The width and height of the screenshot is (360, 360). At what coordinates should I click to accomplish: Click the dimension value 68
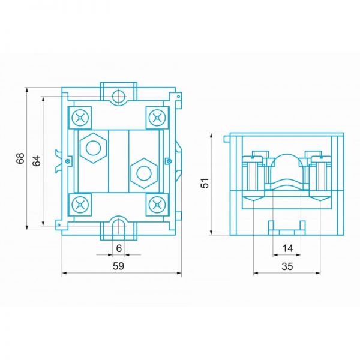[20, 158]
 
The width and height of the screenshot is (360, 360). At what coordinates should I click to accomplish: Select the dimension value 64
[37, 161]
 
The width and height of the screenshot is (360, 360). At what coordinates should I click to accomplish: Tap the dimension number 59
[118, 266]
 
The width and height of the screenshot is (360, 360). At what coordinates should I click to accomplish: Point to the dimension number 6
[119, 248]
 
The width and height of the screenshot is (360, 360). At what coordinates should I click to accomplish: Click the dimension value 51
[205, 183]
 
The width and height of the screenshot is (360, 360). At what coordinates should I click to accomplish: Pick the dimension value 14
[288, 248]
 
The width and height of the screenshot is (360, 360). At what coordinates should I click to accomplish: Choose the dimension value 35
[287, 266]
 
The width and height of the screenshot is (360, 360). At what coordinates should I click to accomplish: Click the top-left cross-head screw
[80, 118]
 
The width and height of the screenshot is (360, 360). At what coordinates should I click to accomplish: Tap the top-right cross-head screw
[157, 118]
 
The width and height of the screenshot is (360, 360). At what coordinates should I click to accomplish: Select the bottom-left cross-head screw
[80, 205]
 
